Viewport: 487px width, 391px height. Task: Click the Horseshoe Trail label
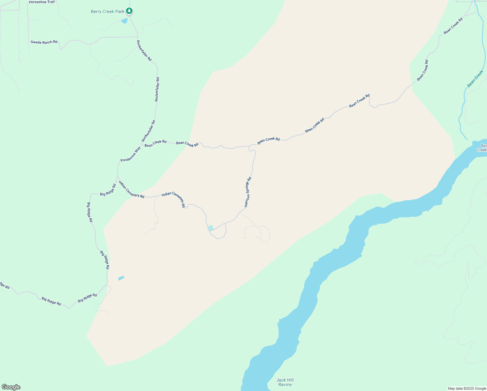coord(42,2)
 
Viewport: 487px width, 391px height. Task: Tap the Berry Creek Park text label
coord(107,11)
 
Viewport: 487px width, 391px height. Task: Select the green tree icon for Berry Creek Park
coord(129,11)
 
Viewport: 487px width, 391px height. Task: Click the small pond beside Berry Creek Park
coord(124,21)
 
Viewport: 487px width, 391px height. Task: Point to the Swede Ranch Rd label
coord(44,42)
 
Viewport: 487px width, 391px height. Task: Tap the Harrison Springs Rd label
coord(248,192)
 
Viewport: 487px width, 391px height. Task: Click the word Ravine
coord(285,384)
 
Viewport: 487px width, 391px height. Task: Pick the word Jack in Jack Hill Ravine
coord(281,380)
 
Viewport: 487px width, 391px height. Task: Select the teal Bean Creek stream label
coord(475,79)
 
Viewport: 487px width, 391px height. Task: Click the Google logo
coord(11,387)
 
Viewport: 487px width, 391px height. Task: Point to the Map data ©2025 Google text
coord(467,388)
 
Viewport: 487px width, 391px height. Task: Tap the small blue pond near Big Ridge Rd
coord(121,278)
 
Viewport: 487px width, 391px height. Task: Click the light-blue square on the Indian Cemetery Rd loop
coord(211,228)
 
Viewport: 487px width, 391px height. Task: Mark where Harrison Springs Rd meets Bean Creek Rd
coord(249,146)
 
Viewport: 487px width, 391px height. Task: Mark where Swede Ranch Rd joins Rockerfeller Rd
coord(137,37)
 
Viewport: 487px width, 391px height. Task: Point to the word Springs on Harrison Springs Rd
coord(248,190)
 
